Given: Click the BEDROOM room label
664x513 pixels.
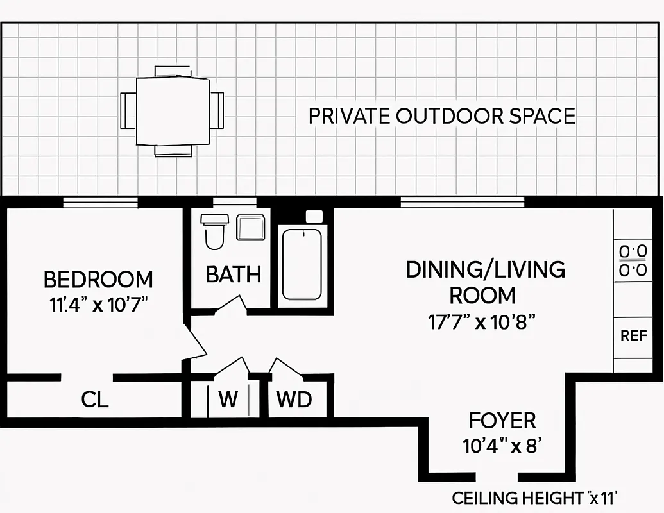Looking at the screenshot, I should pos(98,280).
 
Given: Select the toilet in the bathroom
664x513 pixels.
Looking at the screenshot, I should pos(214,231).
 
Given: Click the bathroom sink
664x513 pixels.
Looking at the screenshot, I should pos(250,228).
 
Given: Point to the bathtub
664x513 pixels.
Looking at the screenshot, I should pos(302,263).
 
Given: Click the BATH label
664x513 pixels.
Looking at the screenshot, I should pos(233,274).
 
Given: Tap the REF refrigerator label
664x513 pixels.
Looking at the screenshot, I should pos(633,335).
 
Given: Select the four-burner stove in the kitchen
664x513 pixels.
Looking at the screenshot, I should pos(633,260).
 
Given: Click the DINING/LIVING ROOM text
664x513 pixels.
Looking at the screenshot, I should pos(485,282).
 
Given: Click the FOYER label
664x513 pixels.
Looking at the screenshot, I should pos(502,421).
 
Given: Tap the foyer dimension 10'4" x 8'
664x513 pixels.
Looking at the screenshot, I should pos(502,445).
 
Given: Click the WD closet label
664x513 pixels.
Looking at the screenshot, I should pos(294,399).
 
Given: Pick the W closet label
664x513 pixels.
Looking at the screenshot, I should pos(228,399).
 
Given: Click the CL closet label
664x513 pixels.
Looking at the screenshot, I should pos(95,399).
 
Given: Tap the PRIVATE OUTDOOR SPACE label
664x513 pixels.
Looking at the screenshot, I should pos(441,116).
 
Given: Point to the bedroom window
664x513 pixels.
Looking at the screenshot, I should pos(101,203).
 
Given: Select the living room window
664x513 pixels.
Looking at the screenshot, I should pos(463,203).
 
